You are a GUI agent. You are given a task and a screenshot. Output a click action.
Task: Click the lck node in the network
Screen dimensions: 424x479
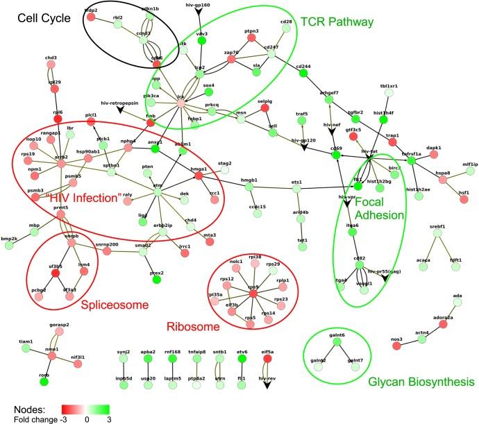[182, 102]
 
